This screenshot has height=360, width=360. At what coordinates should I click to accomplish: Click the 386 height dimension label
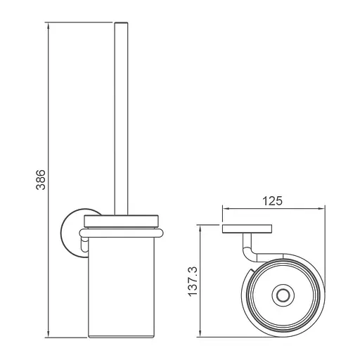(41, 179)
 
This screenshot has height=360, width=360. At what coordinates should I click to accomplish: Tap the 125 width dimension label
(272, 201)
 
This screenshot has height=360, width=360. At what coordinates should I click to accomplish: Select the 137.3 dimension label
(193, 281)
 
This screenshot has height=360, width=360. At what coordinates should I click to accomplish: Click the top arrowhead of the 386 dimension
(49, 27)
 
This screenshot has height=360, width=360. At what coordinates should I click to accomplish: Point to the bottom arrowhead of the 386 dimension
(49, 334)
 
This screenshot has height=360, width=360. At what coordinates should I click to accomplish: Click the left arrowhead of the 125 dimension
(226, 208)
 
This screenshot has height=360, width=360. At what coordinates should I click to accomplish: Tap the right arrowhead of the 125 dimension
(321, 208)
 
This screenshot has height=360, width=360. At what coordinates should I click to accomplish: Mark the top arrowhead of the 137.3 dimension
(200, 229)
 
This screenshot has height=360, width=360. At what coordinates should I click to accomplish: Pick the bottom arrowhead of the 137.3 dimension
(200, 333)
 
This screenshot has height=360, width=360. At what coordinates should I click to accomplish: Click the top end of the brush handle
(121, 22)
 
